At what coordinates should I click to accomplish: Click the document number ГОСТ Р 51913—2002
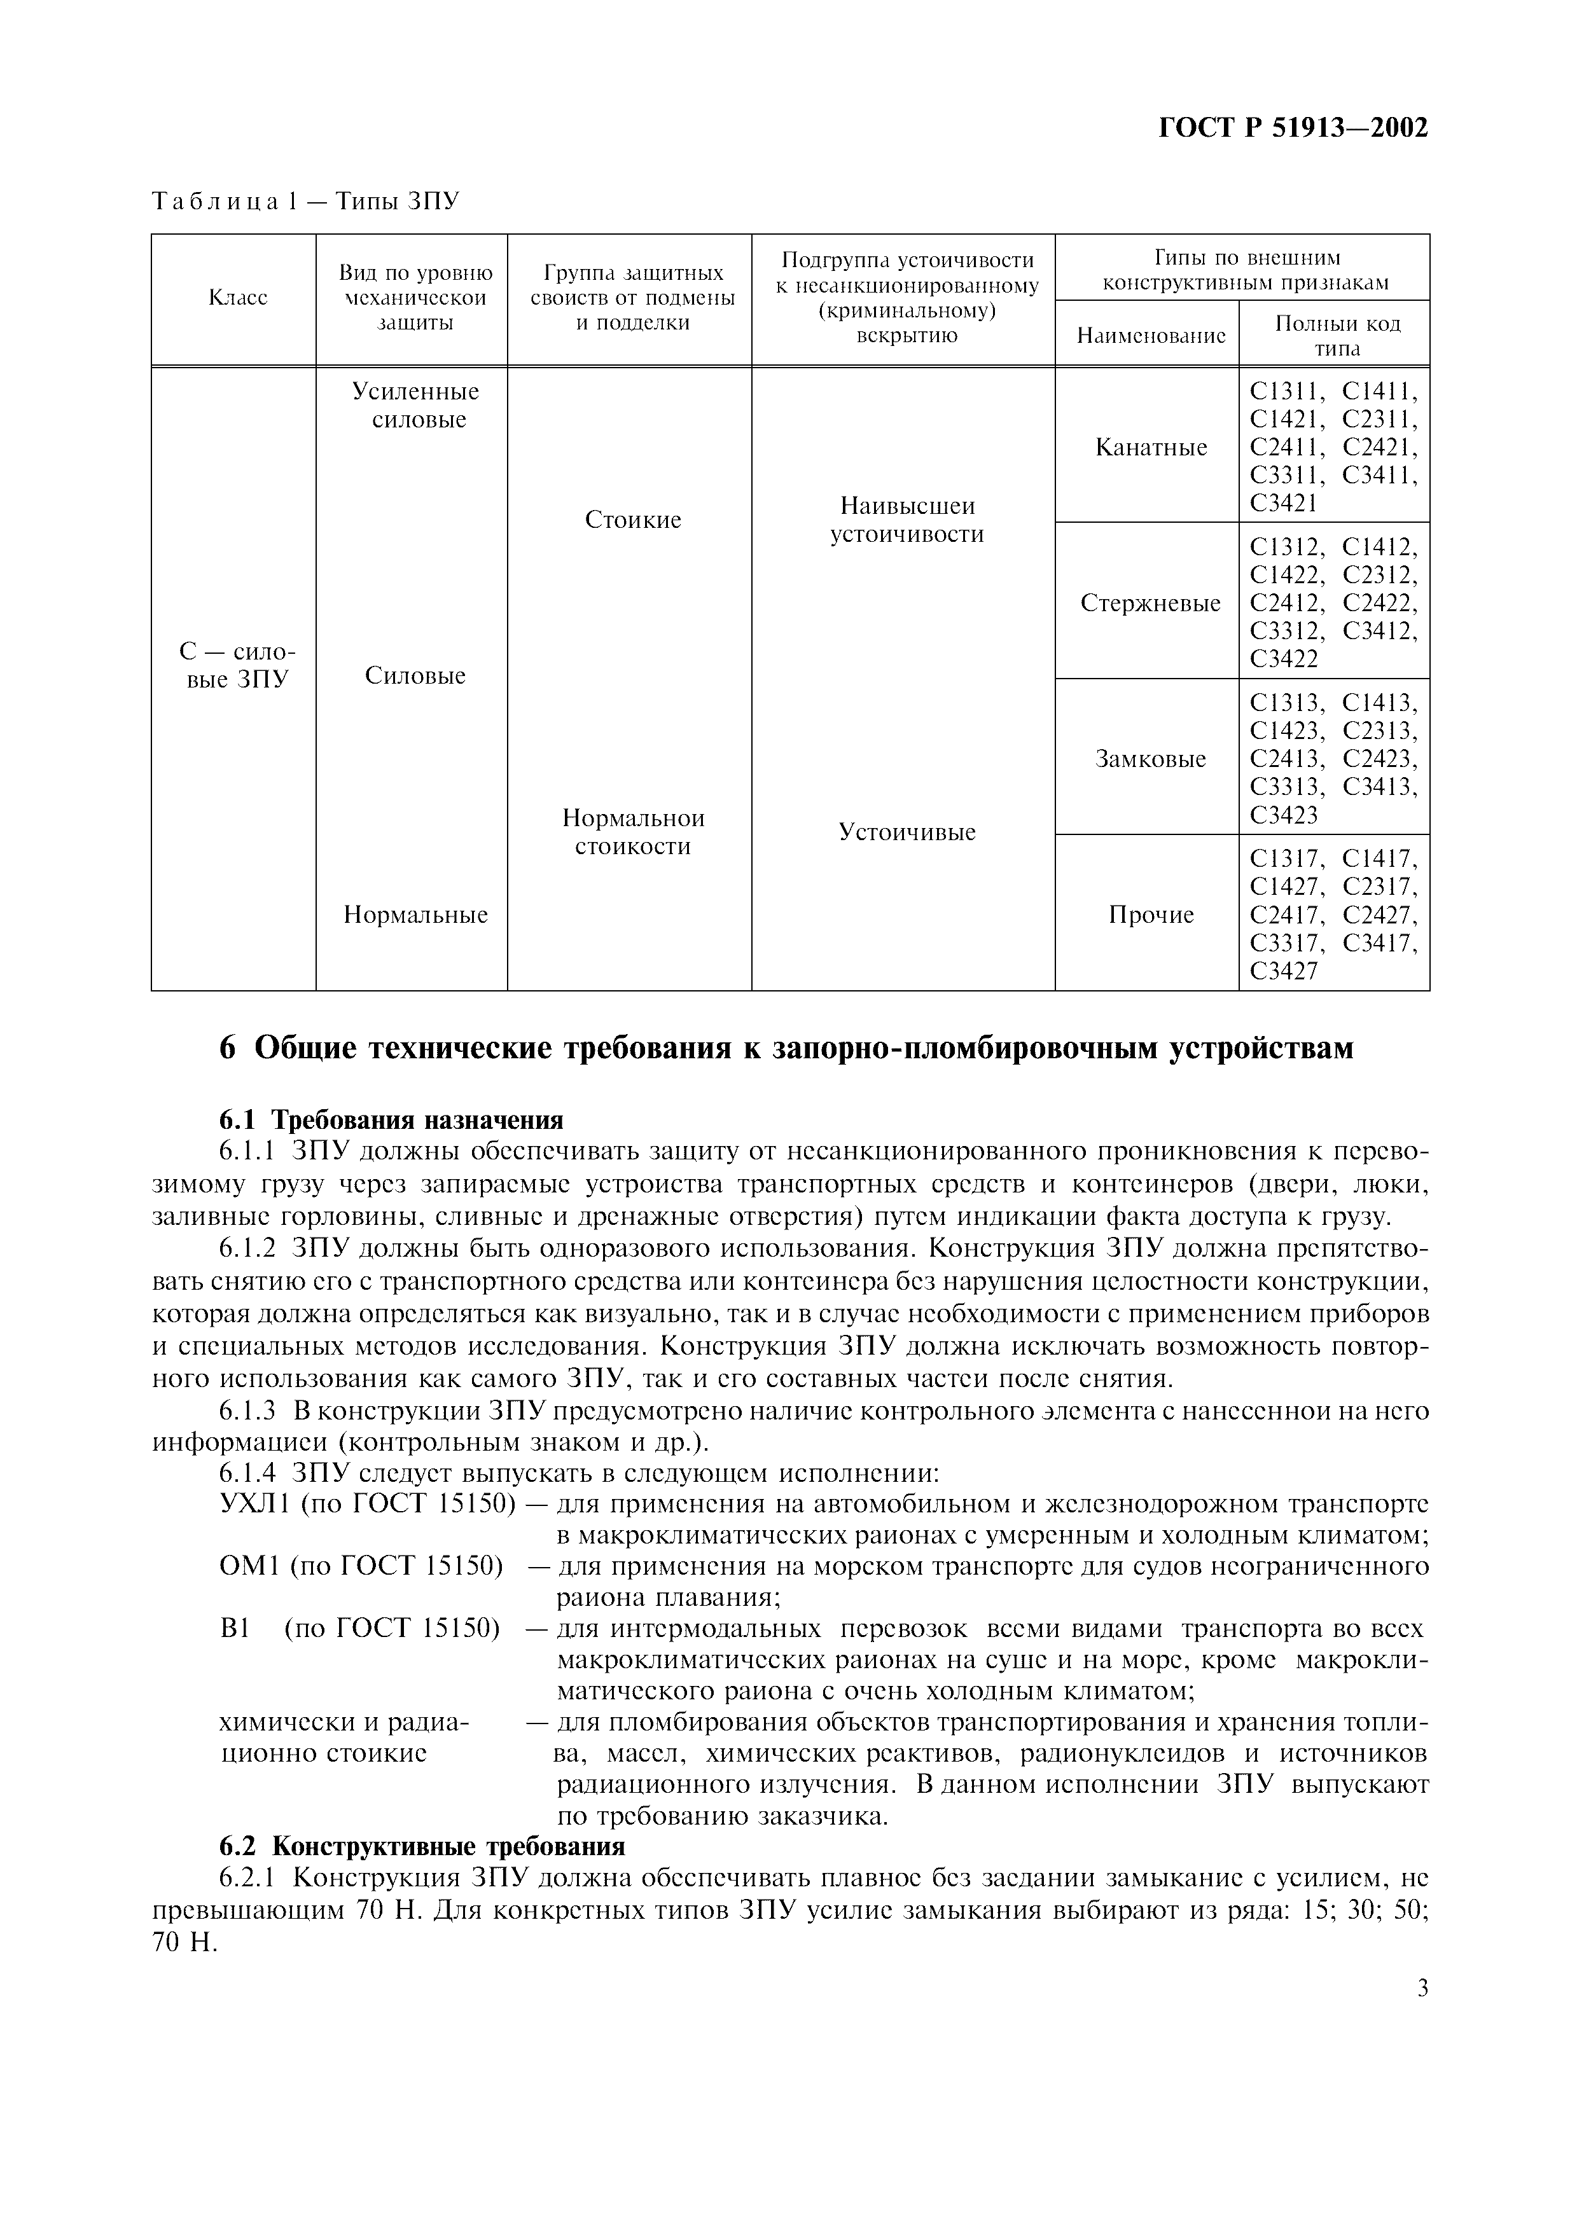coord(1293,127)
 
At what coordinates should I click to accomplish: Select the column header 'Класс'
coord(238,298)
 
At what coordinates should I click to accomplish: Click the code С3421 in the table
coord(1284,503)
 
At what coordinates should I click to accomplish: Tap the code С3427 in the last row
coord(1284,970)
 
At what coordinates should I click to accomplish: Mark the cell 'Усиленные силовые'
coord(416,405)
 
